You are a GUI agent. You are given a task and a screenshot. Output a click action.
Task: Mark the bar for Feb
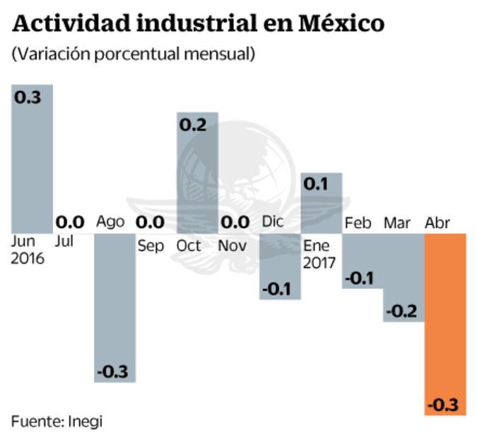pos(363,261)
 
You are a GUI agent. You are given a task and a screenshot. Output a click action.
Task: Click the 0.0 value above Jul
pos(69,223)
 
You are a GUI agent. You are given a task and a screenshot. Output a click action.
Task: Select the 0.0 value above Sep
pos(150,223)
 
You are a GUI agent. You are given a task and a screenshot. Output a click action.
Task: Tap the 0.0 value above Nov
pos(233,223)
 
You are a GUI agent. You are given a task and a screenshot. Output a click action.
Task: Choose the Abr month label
pos(437,223)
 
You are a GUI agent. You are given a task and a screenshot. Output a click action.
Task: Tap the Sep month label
pos(151,247)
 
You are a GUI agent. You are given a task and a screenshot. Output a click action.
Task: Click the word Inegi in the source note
pos(86,421)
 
